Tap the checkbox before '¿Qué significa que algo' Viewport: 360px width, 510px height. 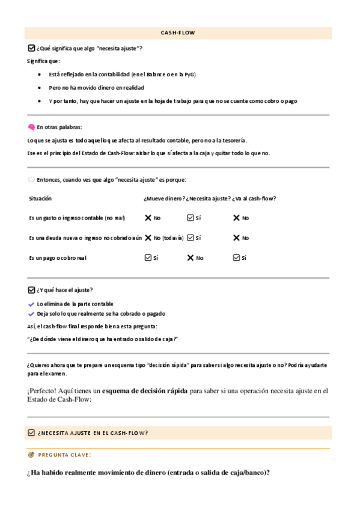(x=31, y=48)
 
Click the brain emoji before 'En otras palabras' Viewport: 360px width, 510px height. (x=31, y=127)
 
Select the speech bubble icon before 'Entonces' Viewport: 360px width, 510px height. (x=31, y=180)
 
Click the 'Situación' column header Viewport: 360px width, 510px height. (x=40, y=198)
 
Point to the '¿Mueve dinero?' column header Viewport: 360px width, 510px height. (x=164, y=198)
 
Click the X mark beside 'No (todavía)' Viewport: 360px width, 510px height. (x=148, y=238)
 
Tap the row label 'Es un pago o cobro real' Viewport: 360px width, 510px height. (x=58, y=258)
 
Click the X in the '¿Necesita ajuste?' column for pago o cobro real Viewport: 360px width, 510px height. (x=191, y=258)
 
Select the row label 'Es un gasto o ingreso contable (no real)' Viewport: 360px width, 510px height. (x=77, y=218)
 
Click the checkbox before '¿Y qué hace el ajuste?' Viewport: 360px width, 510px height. (x=31, y=290)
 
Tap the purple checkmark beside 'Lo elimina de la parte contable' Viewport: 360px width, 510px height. (x=31, y=304)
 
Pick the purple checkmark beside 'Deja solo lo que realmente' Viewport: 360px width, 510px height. (x=31, y=314)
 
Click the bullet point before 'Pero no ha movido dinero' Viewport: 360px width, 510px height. (x=40, y=88)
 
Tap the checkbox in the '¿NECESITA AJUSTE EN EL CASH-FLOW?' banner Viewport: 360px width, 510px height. (x=31, y=433)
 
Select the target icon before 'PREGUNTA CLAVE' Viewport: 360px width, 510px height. (x=31, y=455)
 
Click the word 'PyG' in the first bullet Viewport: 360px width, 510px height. (x=191, y=75)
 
